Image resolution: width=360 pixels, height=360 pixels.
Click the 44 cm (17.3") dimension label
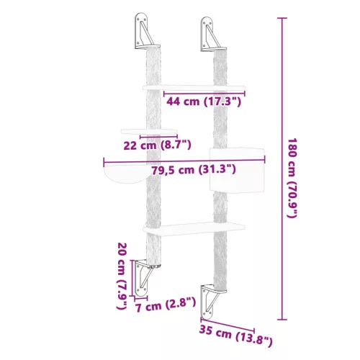click(x=204, y=102)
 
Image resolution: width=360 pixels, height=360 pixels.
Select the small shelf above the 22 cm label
click(x=150, y=132)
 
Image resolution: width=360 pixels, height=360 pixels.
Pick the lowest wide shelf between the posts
click(x=193, y=228)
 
